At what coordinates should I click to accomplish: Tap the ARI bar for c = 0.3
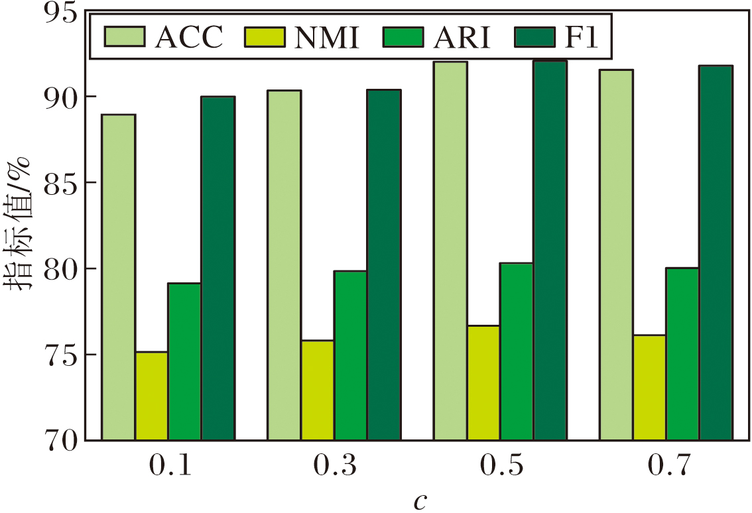point(350,355)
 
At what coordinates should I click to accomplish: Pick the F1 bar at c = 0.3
point(384,264)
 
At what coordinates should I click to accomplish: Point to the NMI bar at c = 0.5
point(483,382)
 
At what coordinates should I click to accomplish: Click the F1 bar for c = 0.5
point(550,250)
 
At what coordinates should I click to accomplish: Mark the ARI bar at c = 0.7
point(682,353)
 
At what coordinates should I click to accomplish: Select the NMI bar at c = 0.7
point(649,387)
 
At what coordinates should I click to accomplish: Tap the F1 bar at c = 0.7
point(716,253)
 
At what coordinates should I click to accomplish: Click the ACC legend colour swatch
point(124,37)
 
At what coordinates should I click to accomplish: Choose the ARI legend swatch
point(401,37)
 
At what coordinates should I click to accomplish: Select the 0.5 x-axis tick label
point(500,466)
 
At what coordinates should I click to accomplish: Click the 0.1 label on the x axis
point(168,466)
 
